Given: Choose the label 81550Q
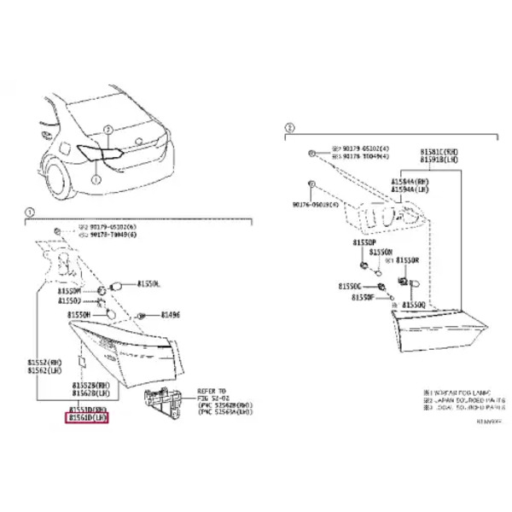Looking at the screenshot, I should [413, 304].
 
